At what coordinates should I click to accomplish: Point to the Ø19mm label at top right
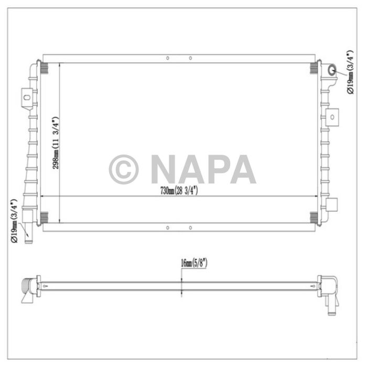click(x=350, y=72)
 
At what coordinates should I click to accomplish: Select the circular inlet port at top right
click(x=332, y=71)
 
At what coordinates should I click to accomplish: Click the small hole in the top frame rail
click(x=167, y=59)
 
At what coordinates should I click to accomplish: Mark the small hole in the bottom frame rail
click(x=167, y=228)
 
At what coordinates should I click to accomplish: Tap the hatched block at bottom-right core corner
click(x=314, y=216)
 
